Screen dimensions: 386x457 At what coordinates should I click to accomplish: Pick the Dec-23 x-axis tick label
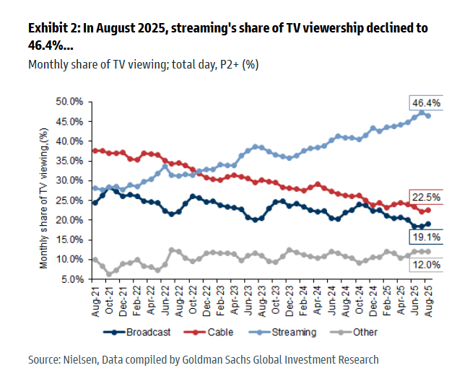point(289,298)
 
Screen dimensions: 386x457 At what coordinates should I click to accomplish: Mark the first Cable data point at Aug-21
point(95,150)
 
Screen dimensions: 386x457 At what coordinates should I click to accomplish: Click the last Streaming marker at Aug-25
point(428,115)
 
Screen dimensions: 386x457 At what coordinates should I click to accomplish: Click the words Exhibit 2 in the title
point(52,29)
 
